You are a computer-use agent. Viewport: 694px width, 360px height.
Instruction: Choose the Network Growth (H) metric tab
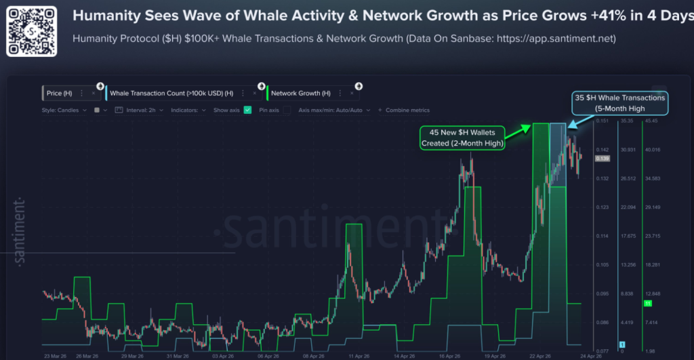300,93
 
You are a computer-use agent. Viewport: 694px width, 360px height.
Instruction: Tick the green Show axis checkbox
247,110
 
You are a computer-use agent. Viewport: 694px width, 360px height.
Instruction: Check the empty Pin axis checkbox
287,110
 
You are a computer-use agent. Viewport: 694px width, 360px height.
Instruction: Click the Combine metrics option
407,110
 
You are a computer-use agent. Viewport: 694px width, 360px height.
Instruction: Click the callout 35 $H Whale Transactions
619,102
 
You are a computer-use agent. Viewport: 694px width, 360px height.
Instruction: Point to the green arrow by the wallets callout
518,130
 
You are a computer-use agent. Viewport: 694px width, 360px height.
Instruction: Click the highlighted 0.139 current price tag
602,158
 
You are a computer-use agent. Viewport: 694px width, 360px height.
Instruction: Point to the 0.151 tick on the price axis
602,121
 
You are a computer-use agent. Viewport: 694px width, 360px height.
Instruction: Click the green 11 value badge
647,304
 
